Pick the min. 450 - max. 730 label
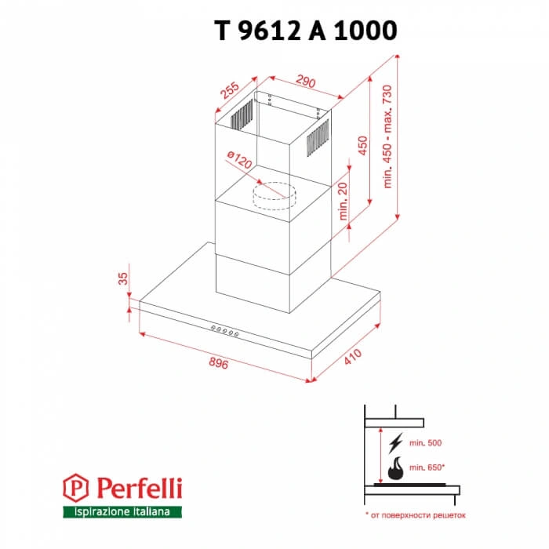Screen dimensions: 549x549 pos(387,134)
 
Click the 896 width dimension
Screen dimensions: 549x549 pos(217,363)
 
